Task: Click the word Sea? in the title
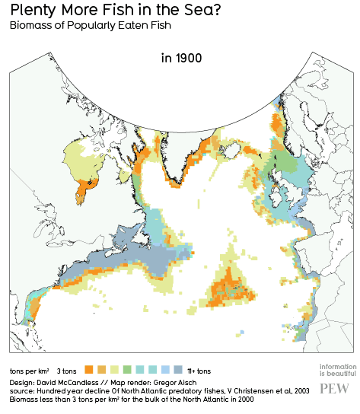tap(199, 11)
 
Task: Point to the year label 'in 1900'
tap(181, 58)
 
